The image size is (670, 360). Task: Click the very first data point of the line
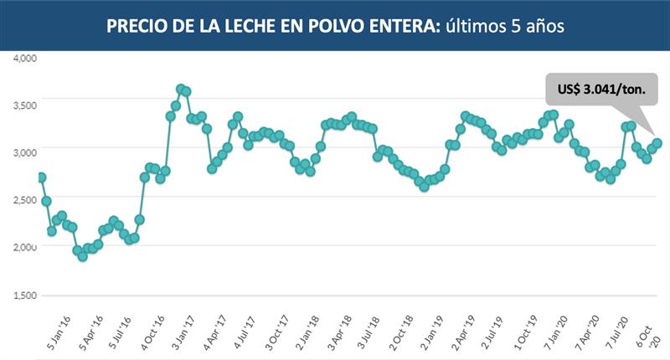[41, 177]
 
